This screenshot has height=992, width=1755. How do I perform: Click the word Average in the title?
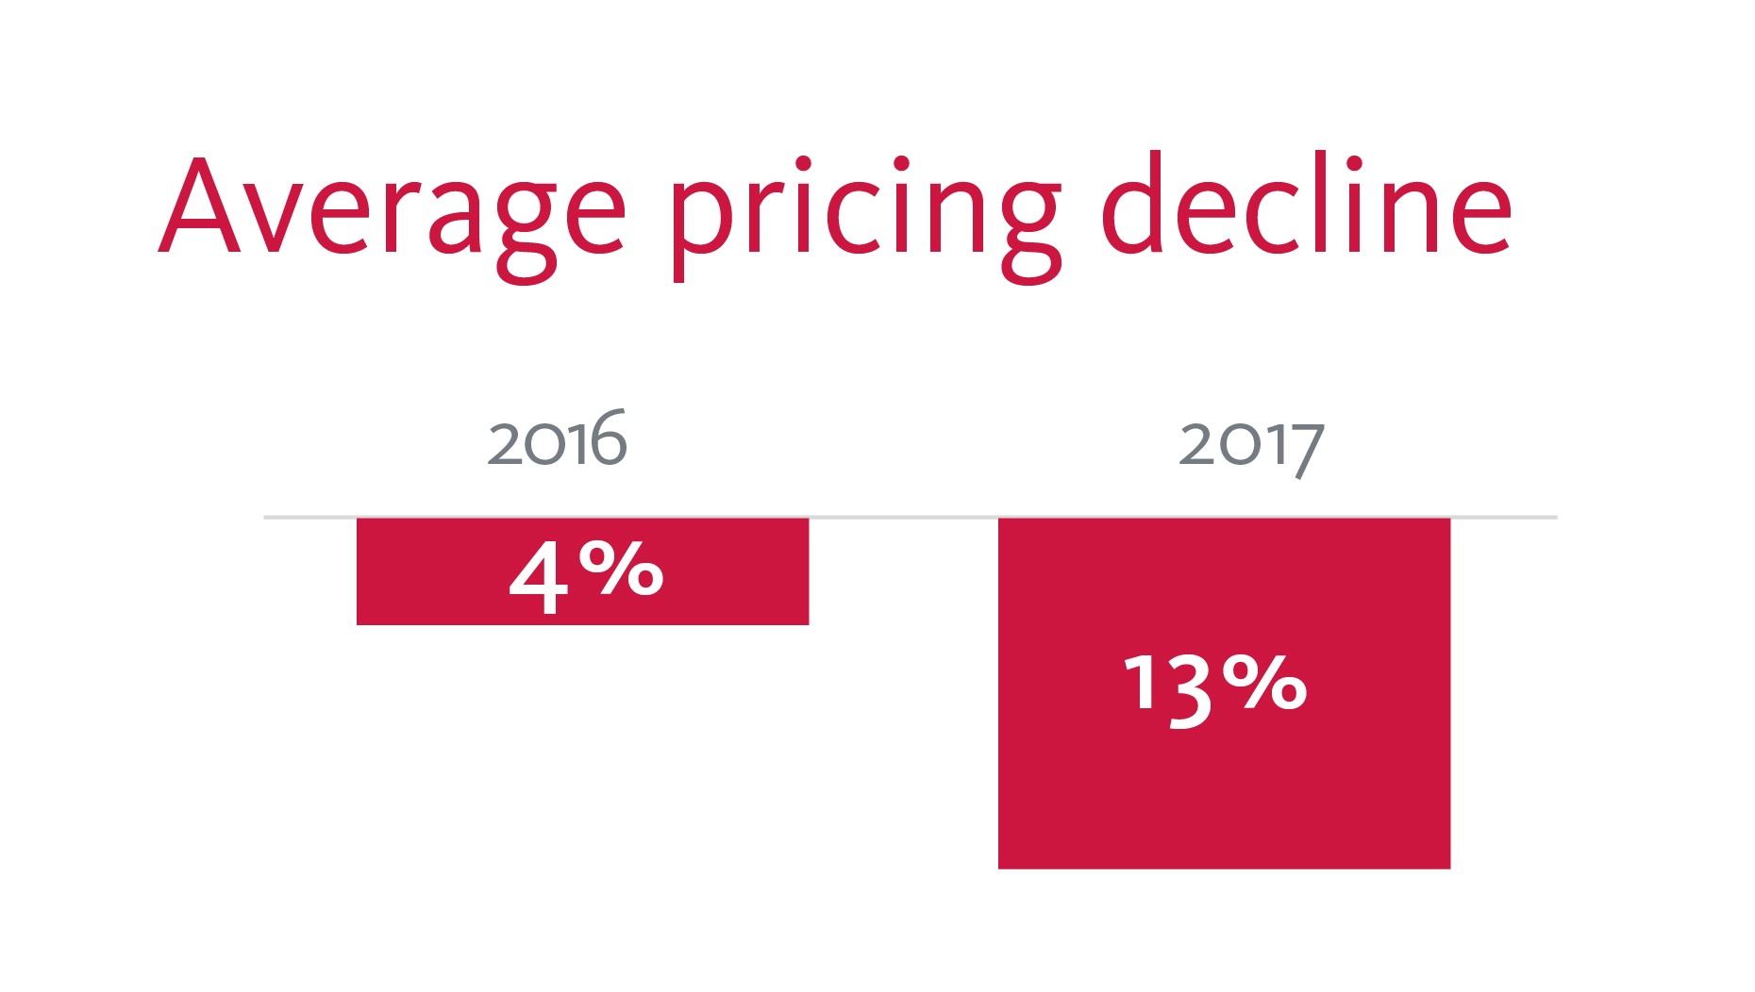[x=392, y=209]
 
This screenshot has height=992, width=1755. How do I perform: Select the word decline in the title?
[x=1306, y=206]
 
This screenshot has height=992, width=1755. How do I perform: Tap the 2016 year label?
[x=557, y=440]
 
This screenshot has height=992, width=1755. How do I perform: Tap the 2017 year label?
[x=1251, y=445]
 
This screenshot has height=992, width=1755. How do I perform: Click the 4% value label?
[x=586, y=574]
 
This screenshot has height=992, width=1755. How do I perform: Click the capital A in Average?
[x=199, y=209]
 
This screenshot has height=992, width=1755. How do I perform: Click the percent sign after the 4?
[x=621, y=569]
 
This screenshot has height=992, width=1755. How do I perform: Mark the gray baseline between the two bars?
[x=903, y=517]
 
